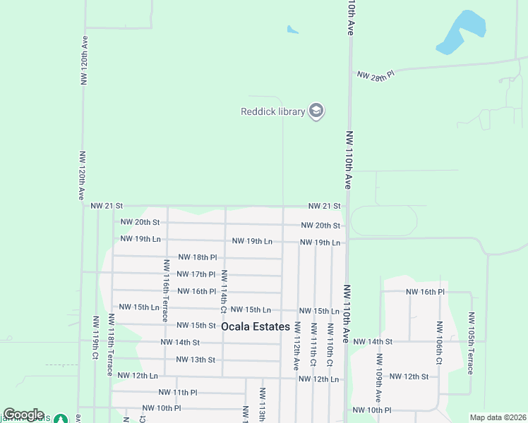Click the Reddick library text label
272,111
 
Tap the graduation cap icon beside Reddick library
316,111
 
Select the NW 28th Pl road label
375,75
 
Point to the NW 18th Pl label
197,257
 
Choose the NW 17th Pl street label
196,274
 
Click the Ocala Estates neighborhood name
256,327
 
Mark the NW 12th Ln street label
319,379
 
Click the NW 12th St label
409,376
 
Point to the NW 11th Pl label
178,392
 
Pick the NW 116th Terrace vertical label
167,290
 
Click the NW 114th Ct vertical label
224,291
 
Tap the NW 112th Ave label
297,346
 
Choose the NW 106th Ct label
439,343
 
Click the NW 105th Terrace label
472,344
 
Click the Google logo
23,415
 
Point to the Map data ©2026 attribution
498,417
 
